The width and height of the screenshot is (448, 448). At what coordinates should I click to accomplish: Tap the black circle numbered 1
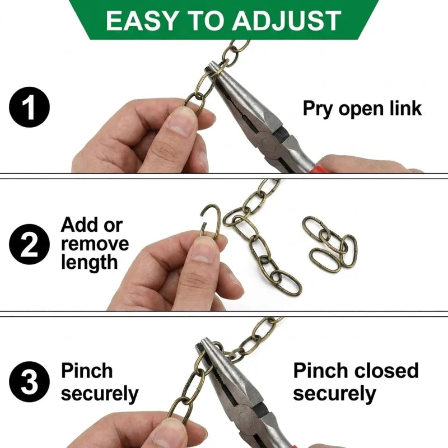pos(29,107)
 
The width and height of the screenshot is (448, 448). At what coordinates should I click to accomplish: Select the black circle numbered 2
pos(29,244)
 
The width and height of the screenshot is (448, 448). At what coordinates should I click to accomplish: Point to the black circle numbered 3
pos(29,382)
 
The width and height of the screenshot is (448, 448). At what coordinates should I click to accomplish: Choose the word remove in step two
pos(95,244)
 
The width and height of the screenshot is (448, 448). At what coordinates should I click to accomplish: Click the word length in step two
pos(90,263)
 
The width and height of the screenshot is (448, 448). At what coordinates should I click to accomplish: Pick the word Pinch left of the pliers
pos(87,371)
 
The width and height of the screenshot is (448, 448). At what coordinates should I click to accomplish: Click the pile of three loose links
pos(330,244)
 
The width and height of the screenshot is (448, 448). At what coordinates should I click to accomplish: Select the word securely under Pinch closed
pos(334,394)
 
